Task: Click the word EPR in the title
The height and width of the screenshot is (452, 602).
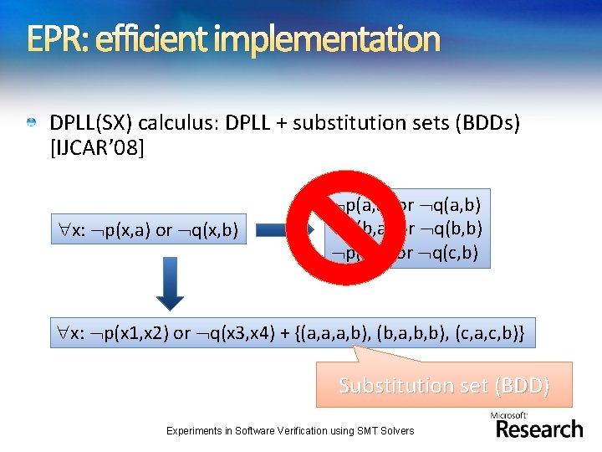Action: pyautogui.click(x=52, y=39)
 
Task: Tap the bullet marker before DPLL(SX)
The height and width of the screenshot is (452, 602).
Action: pyautogui.click(x=31, y=124)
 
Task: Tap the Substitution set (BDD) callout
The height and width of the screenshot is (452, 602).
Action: pyautogui.click(x=444, y=386)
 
